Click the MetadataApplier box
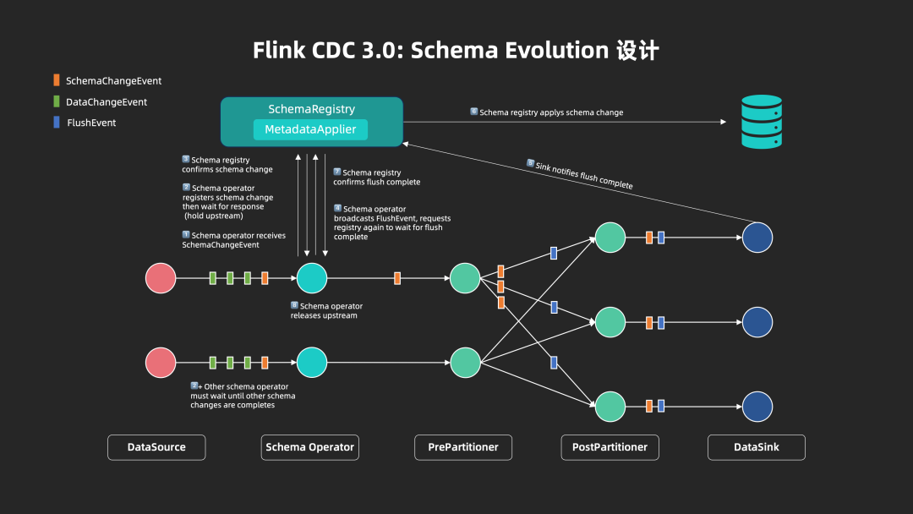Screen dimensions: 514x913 pos(310,130)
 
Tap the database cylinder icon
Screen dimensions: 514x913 pos(761,122)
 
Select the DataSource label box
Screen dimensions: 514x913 pos(156,447)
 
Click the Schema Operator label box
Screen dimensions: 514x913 pos(309,447)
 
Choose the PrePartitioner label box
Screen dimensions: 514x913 pos(463,447)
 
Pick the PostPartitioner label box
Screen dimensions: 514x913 pos(610,447)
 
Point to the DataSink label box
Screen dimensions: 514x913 pos(756,447)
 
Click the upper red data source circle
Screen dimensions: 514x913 pos(161,278)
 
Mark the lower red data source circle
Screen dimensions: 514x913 pos(161,363)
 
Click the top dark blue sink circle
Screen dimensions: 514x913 pos(757,238)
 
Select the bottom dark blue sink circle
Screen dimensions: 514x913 pos(757,407)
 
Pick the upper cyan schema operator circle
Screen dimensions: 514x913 pos(311,278)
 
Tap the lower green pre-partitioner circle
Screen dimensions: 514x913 pos(465,363)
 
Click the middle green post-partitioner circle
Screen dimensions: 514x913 pos(610,322)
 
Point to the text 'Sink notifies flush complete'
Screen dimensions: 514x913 pos(584,175)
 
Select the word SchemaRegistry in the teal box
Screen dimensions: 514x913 pos(311,109)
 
